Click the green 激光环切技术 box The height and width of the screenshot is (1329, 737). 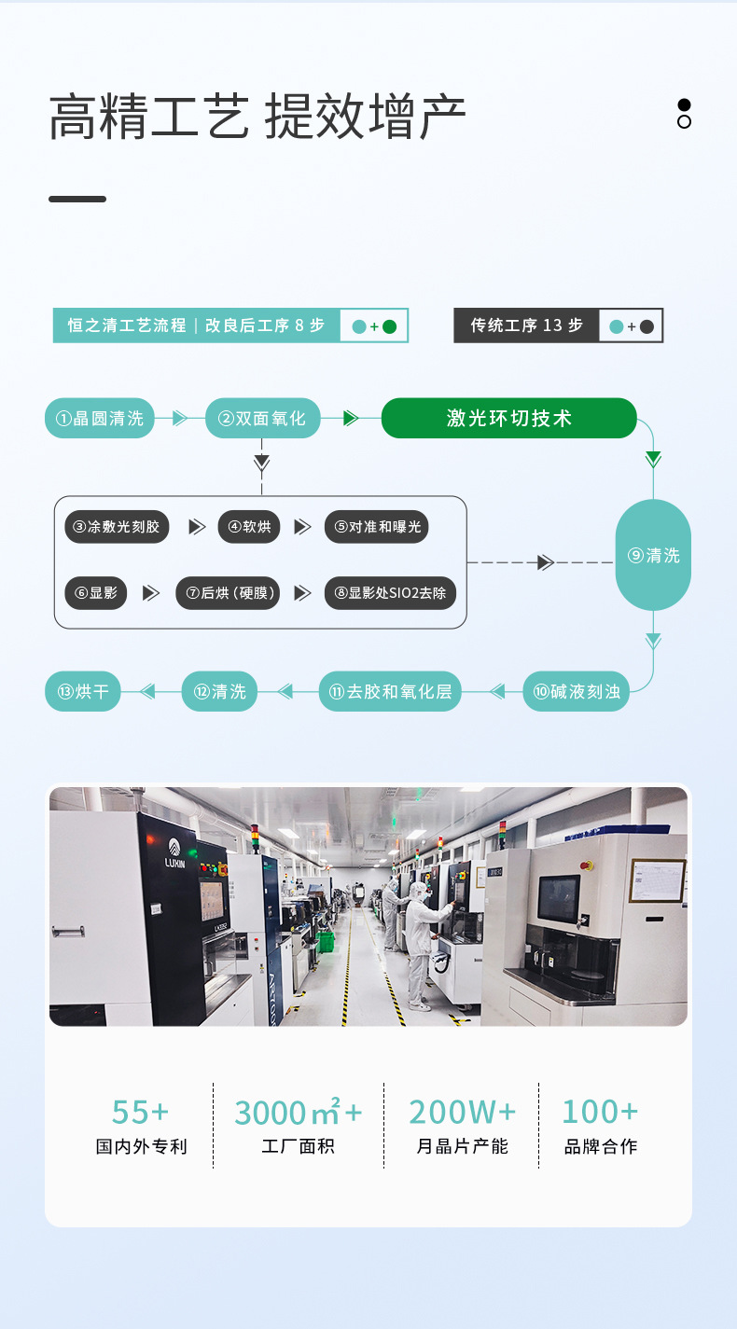(x=508, y=418)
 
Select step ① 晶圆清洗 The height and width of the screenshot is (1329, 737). (x=100, y=418)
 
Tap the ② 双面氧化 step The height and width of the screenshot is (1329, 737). (x=262, y=418)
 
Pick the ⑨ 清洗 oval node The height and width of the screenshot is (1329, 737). (x=653, y=555)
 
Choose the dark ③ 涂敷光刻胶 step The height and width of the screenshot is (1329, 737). (x=117, y=527)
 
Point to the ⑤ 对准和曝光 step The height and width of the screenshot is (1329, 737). (x=377, y=527)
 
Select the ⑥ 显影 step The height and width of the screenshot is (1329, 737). (x=96, y=592)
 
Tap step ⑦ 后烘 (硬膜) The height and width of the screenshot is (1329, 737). (x=228, y=592)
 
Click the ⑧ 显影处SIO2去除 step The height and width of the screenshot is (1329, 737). (x=390, y=592)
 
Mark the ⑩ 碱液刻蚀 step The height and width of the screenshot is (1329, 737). (x=576, y=691)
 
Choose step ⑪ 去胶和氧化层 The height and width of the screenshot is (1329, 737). (x=390, y=691)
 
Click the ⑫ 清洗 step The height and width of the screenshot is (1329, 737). (x=219, y=691)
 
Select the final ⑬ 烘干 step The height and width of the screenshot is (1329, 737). (x=83, y=691)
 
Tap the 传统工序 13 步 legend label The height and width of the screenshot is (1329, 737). (x=526, y=325)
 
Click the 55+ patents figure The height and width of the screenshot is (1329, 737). (x=141, y=1112)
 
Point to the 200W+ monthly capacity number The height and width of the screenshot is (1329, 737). (x=462, y=1112)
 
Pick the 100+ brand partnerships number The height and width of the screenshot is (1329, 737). (x=600, y=1112)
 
